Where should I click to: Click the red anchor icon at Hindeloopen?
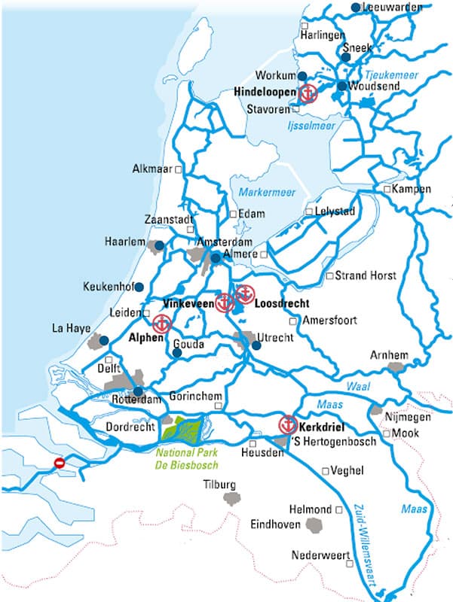coord(308,94)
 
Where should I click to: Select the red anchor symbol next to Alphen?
coord(161,324)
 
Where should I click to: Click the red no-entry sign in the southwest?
coord(60,464)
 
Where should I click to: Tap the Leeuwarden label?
coord(390,7)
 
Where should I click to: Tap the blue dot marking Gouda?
coord(177,351)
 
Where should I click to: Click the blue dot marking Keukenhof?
coord(141,287)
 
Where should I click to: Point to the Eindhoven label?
coord(276,524)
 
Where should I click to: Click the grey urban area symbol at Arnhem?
coord(396,367)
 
